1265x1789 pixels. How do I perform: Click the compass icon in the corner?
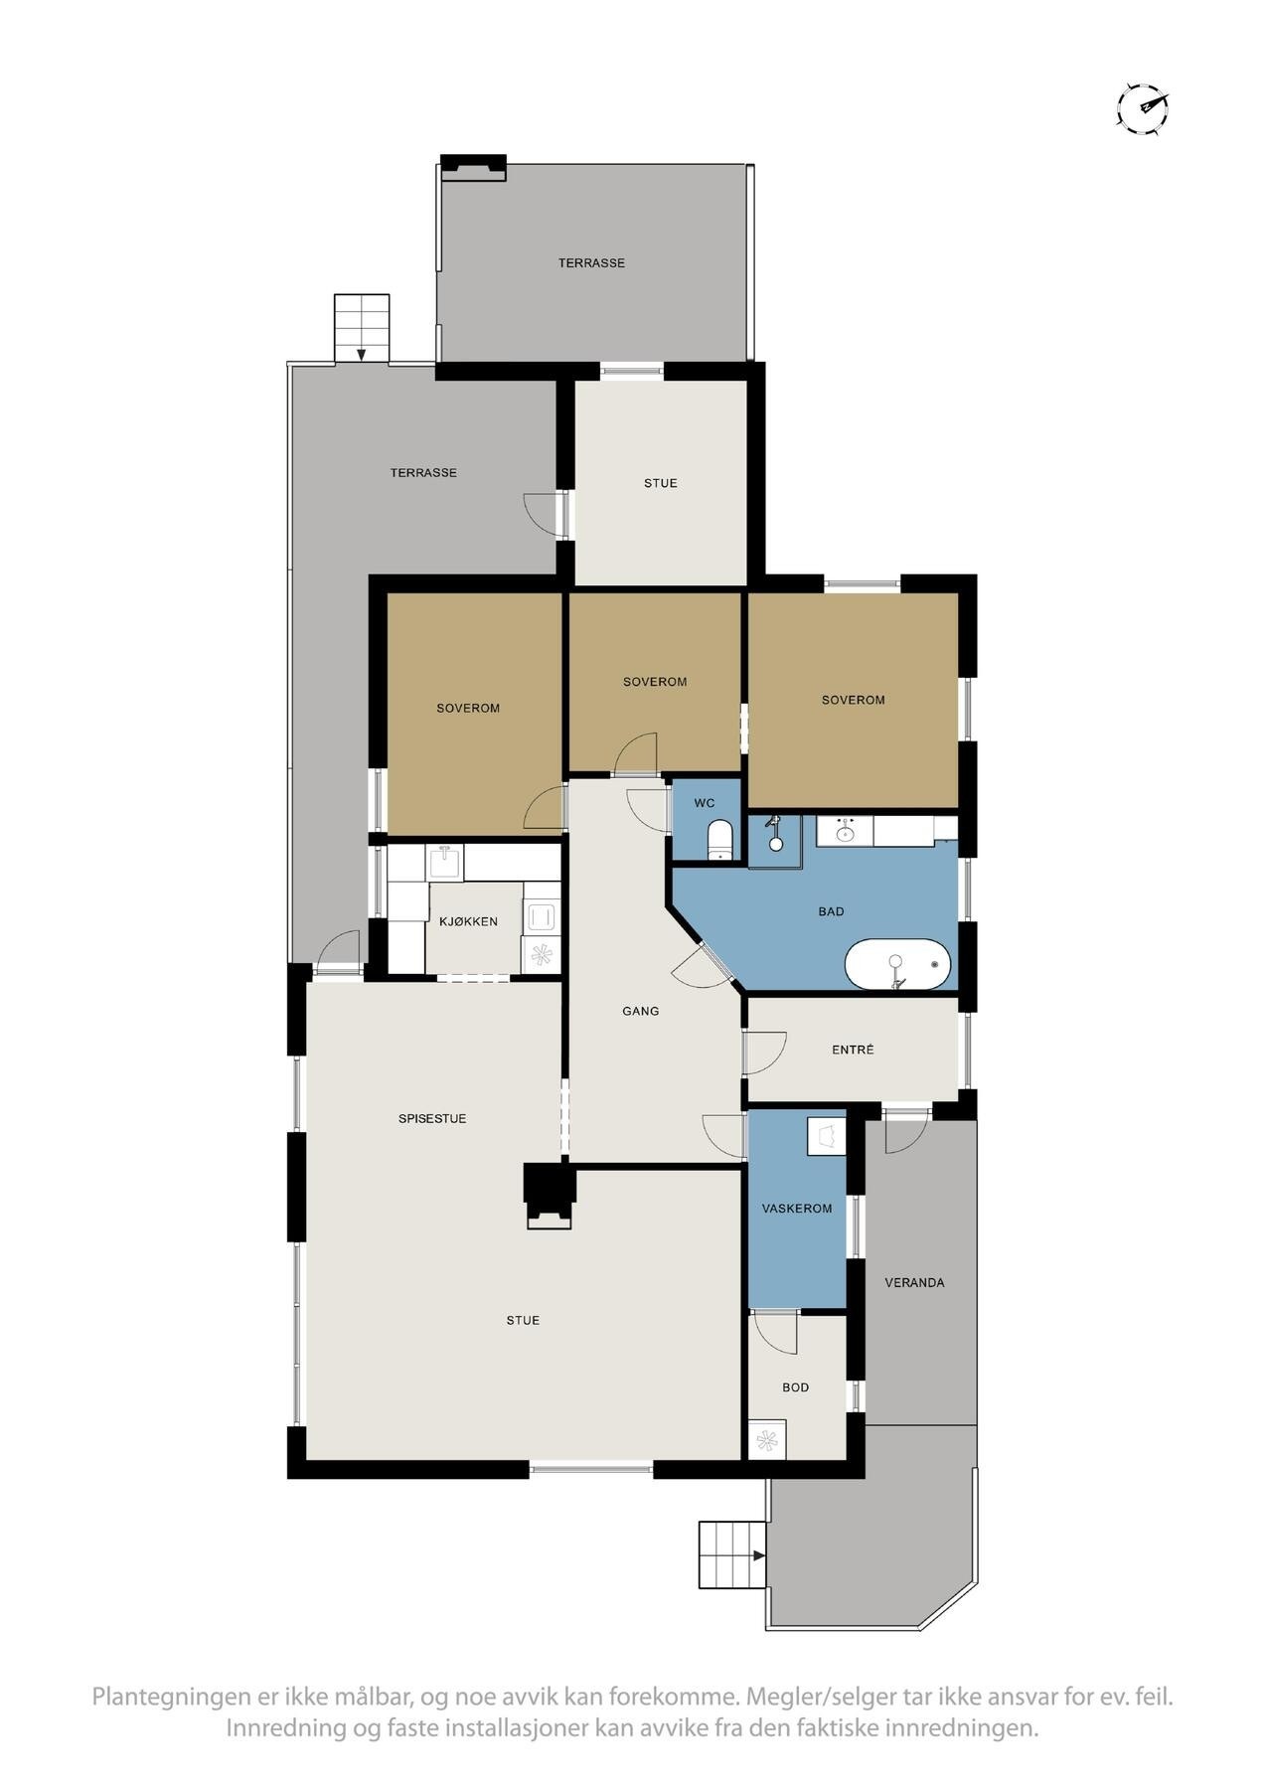[x=1142, y=107]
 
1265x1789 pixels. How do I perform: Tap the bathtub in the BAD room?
[x=897, y=964]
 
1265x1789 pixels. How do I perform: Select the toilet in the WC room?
[x=718, y=837]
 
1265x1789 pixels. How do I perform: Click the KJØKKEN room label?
[x=468, y=921]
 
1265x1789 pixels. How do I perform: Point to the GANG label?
[x=641, y=1011]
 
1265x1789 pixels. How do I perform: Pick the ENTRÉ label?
[x=853, y=1050]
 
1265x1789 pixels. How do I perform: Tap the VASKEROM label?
[x=797, y=1209]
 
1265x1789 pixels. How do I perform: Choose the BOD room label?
[x=796, y=1387]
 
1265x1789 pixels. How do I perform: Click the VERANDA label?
[x=914, y=1283]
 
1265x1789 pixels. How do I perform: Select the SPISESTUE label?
[x=432, y=1118]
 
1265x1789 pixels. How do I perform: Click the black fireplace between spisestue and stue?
[x=550, y=1196]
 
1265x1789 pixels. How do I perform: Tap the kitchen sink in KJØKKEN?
[x=444, y=862]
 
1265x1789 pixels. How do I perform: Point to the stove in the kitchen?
[x=542, y=914]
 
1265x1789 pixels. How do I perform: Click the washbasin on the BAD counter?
[x=846, y=830]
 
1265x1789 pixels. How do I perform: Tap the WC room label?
[x=705, y=803]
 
